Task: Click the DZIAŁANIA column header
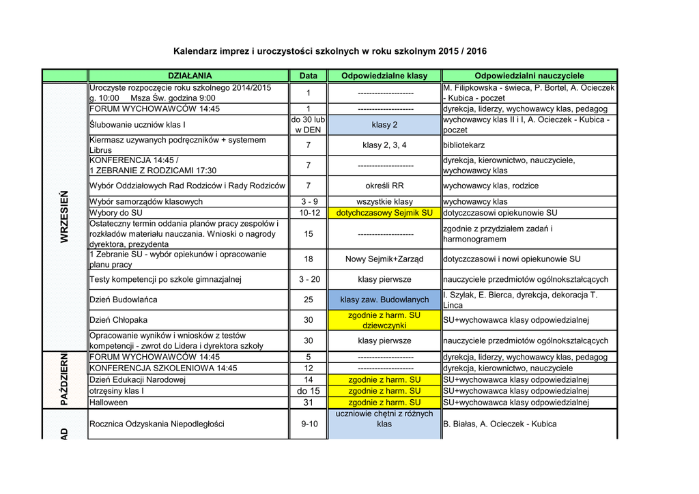pyautogui.click(x=190, y=76)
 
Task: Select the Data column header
pyautogui.click(x=308, y=76)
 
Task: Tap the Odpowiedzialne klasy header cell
pyautogui.click(x=384, y=76)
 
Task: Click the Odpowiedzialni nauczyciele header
pyautogui.click(x=529, y=76)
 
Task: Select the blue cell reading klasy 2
pyautogui.click(x=384, y=125)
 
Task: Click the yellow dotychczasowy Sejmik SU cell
pyautogui.click(x=384, y=213)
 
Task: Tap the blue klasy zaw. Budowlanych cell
pyautogui.click(x=384, y=300)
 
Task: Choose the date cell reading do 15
pyautogui.click(x=308, y=391)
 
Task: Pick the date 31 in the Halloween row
pyautogui.click(x=308, y=403)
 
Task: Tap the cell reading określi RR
pyautogui.click(x=384, y=186)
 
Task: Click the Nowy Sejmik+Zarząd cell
pyautogui.click(x=384, y=259)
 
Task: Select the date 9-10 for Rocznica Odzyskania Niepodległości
pyautogui.click(x=308, y=424)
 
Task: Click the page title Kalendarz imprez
pyautogui.click(x=330, y=51)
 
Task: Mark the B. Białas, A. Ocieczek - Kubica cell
pyautogui.click(x=500, y=424)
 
